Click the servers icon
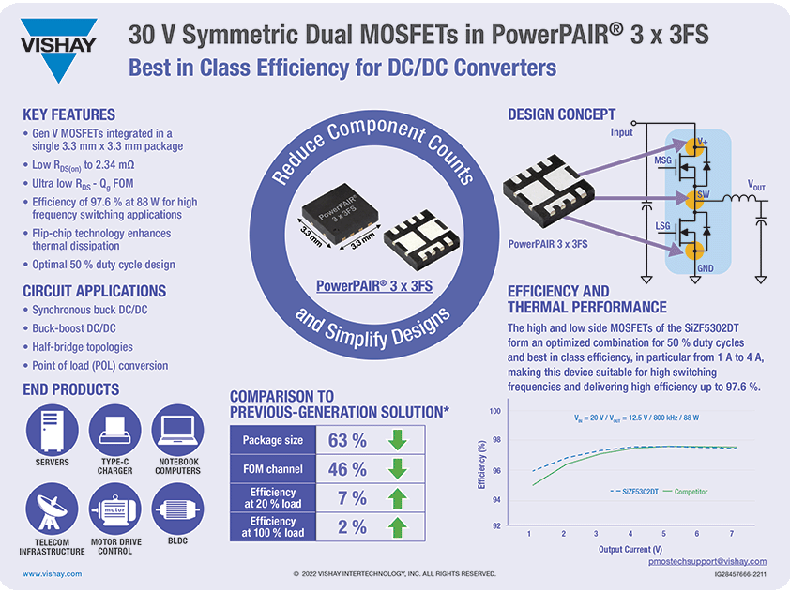[52, 431]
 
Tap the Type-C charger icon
[114, 431]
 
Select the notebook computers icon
[177, 431]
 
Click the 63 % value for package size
[346, 440]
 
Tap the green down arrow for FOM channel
[398, 469]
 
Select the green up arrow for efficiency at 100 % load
[398, 527]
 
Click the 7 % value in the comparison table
[346, 498]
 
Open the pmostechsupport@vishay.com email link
[707, 561]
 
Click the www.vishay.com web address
[52, 572]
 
